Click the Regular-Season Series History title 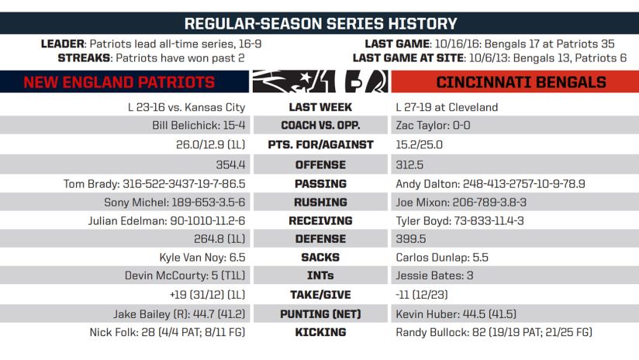click(x=320, y=23)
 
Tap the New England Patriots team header click(x=119, y=82)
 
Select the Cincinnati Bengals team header click(x=521, y=82)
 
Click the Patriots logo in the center click(x=294, y=81)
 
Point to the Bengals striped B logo click(x=366, y=81)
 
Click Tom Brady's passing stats click(x=154, y=184)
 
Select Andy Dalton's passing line click(x=490, y=184)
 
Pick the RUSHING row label click(x=320, y=202)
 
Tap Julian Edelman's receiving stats click(x=167, y=221)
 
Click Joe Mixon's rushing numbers click(x=461, y=202)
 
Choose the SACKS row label click(x=320, y=258)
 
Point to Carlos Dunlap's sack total click(x=442, y=258)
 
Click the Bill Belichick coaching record click(x=199, y=125)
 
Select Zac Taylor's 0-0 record click(x=433, y=125)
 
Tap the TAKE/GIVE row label click(x=320, y=295)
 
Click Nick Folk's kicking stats click(x=168, y=332)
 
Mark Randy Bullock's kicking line click(x=493, y=332)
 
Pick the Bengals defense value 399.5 click(x=411, y=239)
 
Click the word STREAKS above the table click(x=84, y=58)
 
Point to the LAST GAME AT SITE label click(x=408, y=58)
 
